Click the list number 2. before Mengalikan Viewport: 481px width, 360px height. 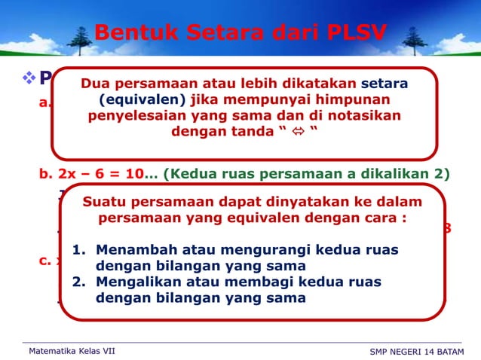tap(79, 282)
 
